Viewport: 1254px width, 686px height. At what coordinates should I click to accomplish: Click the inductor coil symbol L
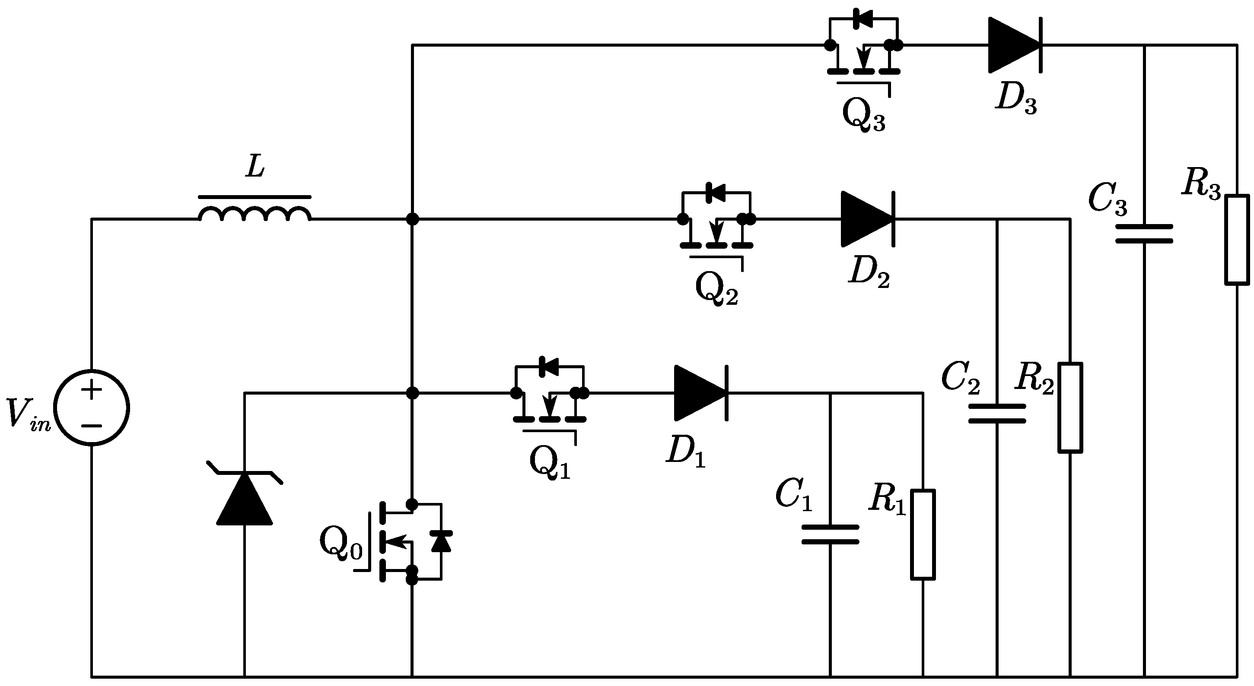click(254, 214)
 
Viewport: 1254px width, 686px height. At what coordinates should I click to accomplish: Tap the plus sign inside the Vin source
click(92, 390)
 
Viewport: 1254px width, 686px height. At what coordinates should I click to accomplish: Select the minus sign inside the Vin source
click(92, 426)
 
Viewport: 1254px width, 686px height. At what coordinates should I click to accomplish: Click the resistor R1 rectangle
click(923, 535)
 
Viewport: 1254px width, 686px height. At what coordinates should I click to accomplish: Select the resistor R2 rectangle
click(1070, 408)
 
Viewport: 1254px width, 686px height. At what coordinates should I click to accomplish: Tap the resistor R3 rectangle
click(1237, 239)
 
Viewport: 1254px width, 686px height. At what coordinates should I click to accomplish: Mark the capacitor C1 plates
click(830, 534)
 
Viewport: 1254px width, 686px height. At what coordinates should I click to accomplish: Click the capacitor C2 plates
click(997, 414)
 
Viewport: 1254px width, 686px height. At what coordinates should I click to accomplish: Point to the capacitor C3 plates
click(1144, 234)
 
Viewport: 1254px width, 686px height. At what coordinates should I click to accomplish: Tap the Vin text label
click(28, 414)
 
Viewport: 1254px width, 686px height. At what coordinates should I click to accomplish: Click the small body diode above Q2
click(716, 193)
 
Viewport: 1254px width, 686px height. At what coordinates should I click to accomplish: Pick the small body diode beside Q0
click(441, 541)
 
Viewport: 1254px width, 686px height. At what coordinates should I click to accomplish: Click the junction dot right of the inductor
click(412, 219)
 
